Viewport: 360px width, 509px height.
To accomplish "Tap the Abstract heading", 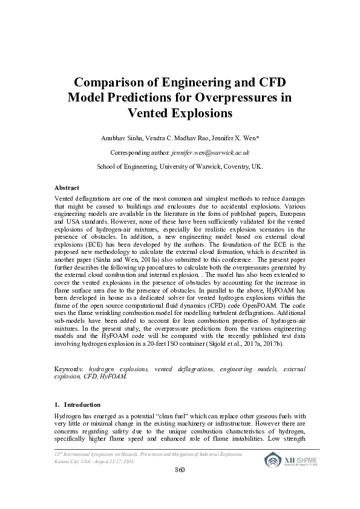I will point(67,189).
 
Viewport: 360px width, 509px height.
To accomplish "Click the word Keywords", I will point(69,368).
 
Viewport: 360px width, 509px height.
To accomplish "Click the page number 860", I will point(180,470).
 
